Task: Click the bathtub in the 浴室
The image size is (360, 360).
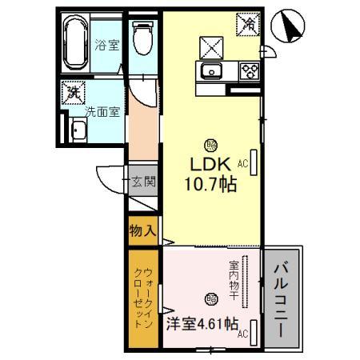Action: [x=78, y=45]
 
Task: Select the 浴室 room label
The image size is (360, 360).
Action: [x=106, y=45]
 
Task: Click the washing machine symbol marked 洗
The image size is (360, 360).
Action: [x=74, y=93]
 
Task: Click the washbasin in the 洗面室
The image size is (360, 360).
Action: [x=81, y=130]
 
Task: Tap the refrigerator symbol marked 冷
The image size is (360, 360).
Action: [x=249, y=24]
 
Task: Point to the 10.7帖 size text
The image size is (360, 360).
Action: [x=211, y=183]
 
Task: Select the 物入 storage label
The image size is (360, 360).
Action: [x=142, y=231]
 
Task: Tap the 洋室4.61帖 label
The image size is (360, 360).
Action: [x=202, y=325]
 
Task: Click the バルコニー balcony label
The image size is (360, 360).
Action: [x=282, y=294]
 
